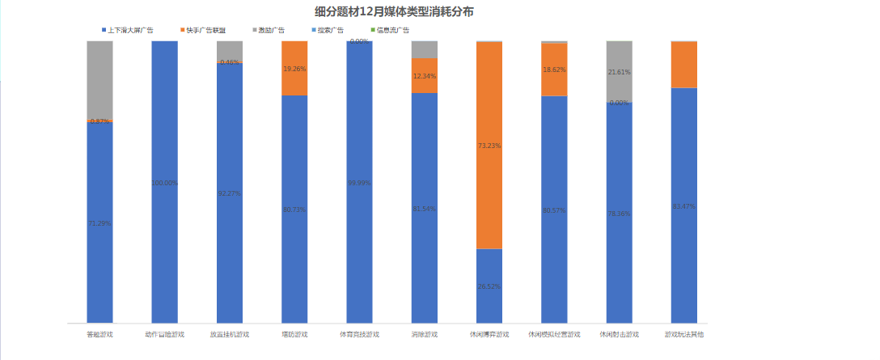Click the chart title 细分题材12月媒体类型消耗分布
395,12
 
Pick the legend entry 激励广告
273,30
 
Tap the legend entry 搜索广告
330,30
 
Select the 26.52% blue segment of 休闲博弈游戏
489,286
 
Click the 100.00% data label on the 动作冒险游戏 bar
165,183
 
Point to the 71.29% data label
99,222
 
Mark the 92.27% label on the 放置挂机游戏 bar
230,193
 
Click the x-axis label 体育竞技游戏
359,334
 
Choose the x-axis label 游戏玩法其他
683,334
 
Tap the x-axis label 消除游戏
424,334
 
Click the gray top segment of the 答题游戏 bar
99,79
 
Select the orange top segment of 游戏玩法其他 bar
683,64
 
